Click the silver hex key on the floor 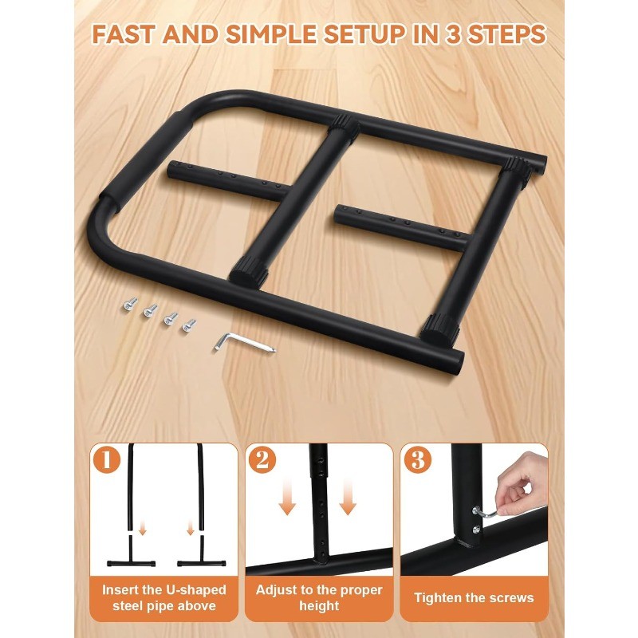[243, 341]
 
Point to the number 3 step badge [415, 459]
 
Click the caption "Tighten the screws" [475, 597]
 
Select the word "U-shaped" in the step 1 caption [190, 590]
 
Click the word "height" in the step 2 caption [319, 605]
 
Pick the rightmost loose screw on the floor [190, 325]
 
